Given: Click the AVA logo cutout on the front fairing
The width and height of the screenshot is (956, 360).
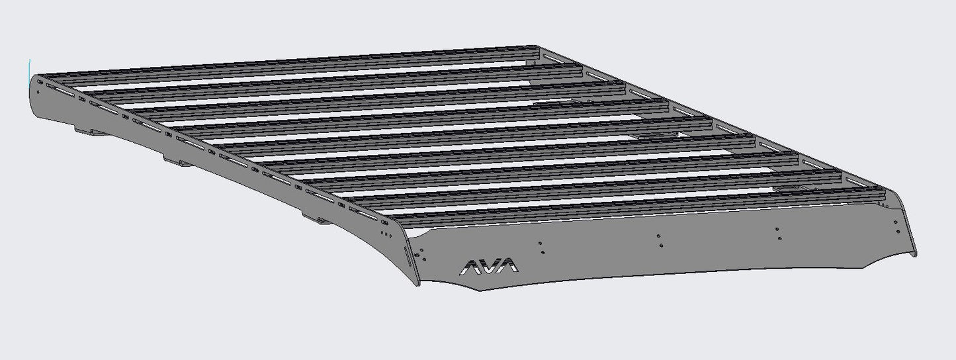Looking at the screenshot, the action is [x=489, y=267].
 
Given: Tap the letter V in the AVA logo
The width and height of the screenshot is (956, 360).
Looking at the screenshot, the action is [x=489, y=267].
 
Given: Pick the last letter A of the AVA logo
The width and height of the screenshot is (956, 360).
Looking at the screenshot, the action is [x=508, y=266].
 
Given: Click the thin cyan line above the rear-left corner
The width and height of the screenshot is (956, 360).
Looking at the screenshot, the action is [x=30, y=67].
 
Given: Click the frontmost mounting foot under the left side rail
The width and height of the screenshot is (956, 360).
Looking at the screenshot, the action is [x=316, y=218].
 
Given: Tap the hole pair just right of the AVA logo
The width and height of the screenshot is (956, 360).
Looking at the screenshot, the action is [x=541, y=247].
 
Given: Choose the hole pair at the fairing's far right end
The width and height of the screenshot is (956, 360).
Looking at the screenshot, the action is [x=897, y=227].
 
